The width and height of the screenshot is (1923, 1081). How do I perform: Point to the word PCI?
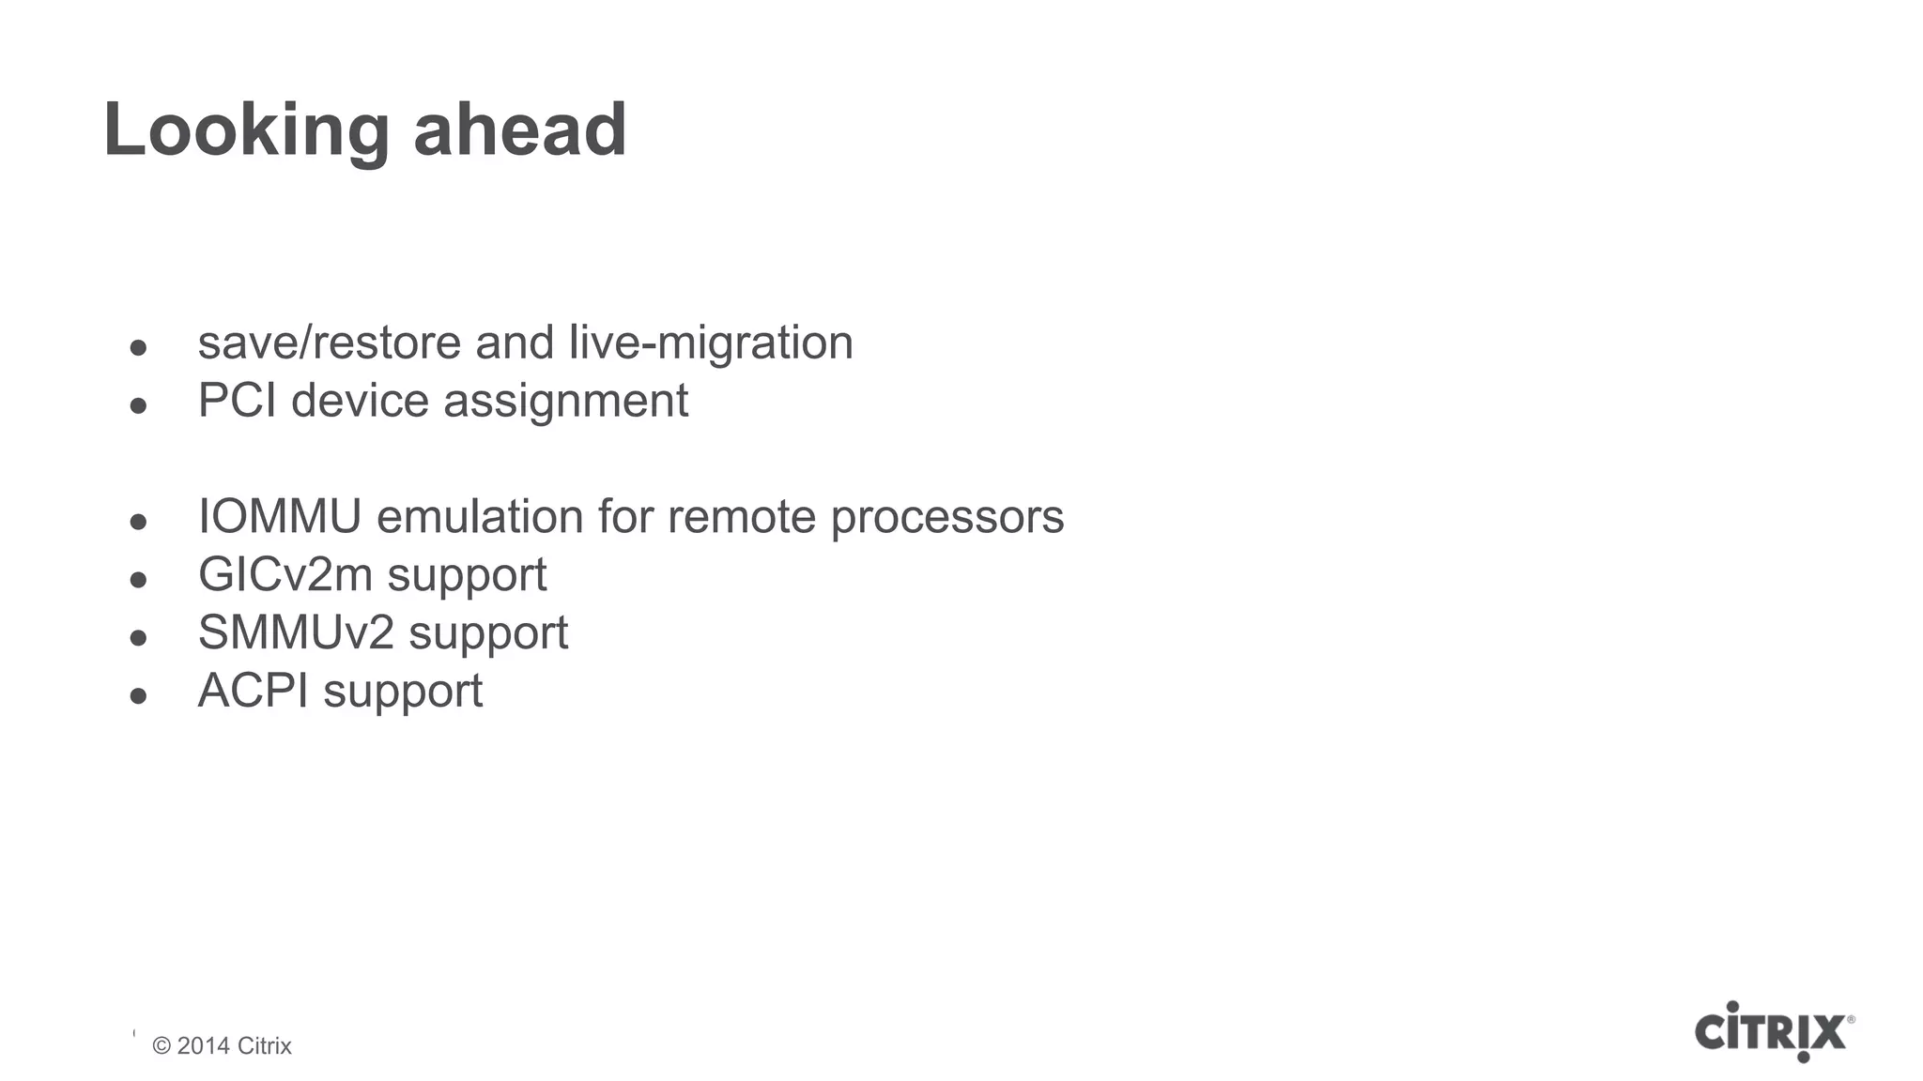(x=237, y=401)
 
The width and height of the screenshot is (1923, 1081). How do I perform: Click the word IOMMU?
(x=280, y=516)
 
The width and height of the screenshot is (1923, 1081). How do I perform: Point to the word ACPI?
(x=253, y=691)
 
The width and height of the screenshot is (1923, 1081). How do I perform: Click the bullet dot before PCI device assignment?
(x=139, y=405)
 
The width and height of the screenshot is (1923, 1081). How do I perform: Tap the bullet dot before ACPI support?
(x=139, y=696)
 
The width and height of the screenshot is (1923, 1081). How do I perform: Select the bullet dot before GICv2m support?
(x=139, y=580)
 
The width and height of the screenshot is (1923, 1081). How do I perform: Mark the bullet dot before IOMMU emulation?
(x=139, y=522)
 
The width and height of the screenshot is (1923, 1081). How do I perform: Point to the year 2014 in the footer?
(x=204, y=1046)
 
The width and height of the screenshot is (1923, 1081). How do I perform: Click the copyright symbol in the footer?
(x=162, y=1046)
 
